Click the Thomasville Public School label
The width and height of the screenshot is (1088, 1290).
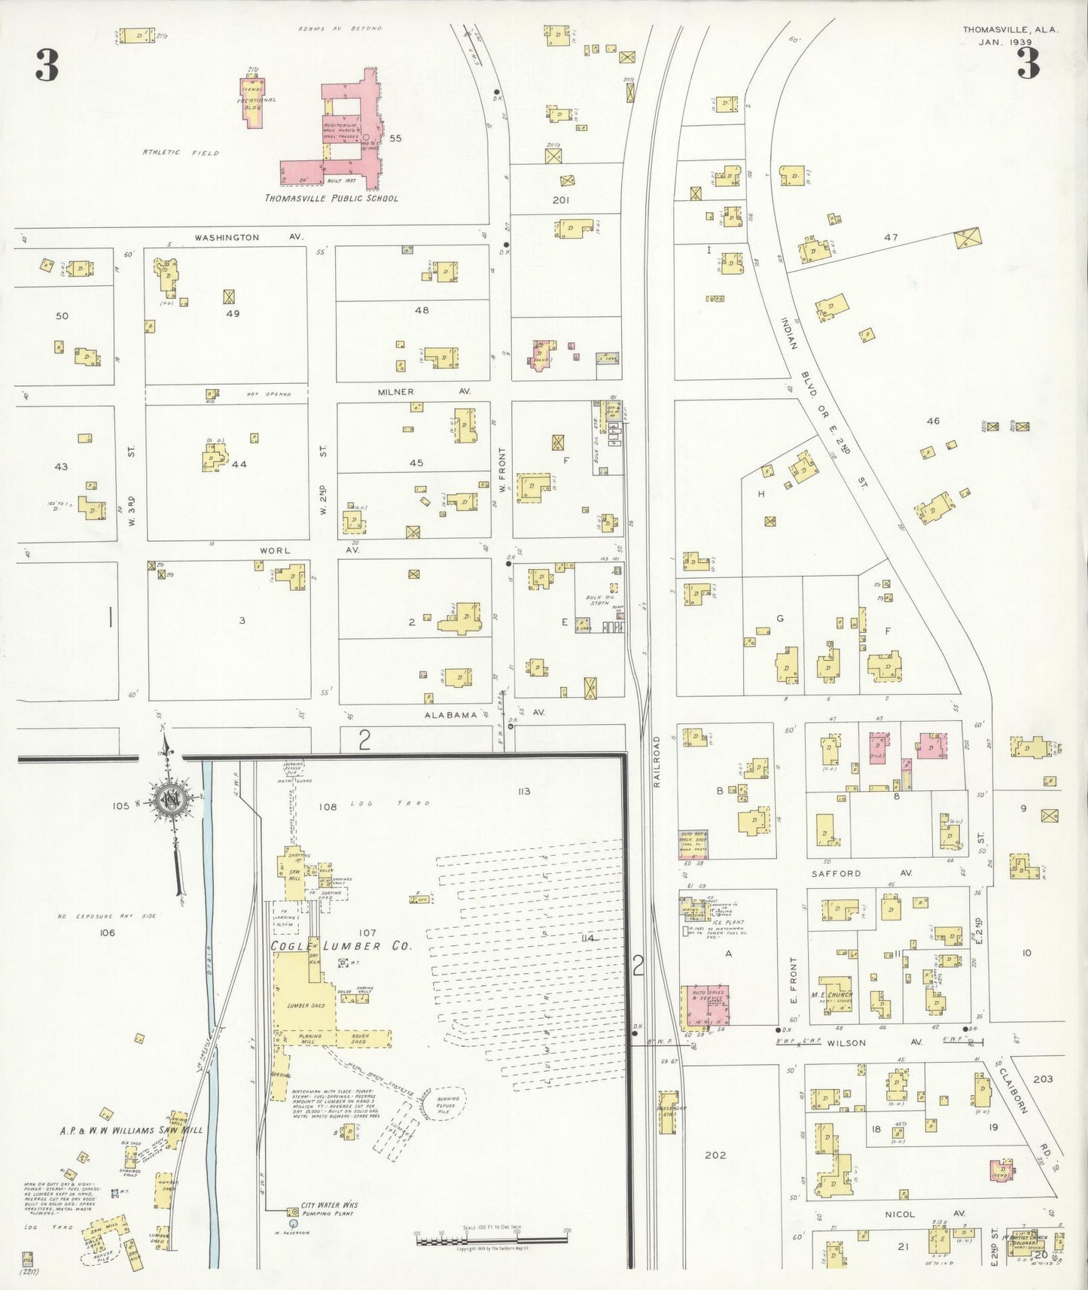pyautogui.click(x=331, y=199)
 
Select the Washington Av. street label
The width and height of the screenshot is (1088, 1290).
pyautogui.click(x=248, y=238)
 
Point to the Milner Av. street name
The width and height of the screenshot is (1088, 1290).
pyautogui.click(x=424, y=392)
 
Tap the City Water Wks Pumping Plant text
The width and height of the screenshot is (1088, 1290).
pyautogui.click(x=331, y=1209)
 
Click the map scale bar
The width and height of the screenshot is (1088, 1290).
pyautogui.click(x=492, y=1237)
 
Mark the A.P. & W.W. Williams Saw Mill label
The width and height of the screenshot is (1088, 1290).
pyautogui.click(x=131, y=1130)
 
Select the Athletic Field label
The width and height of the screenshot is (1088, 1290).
pyautogui.click(x=181, y=153)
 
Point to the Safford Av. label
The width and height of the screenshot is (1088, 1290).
pyautogui.click(x=851, y=874)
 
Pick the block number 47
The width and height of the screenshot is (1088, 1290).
pyautogui.click(x=891, y=237)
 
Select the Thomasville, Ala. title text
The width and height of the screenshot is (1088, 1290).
pyautogui.click(x=1010, y=30)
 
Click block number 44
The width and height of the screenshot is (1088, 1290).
pyautogui.click(x=239, y=464)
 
